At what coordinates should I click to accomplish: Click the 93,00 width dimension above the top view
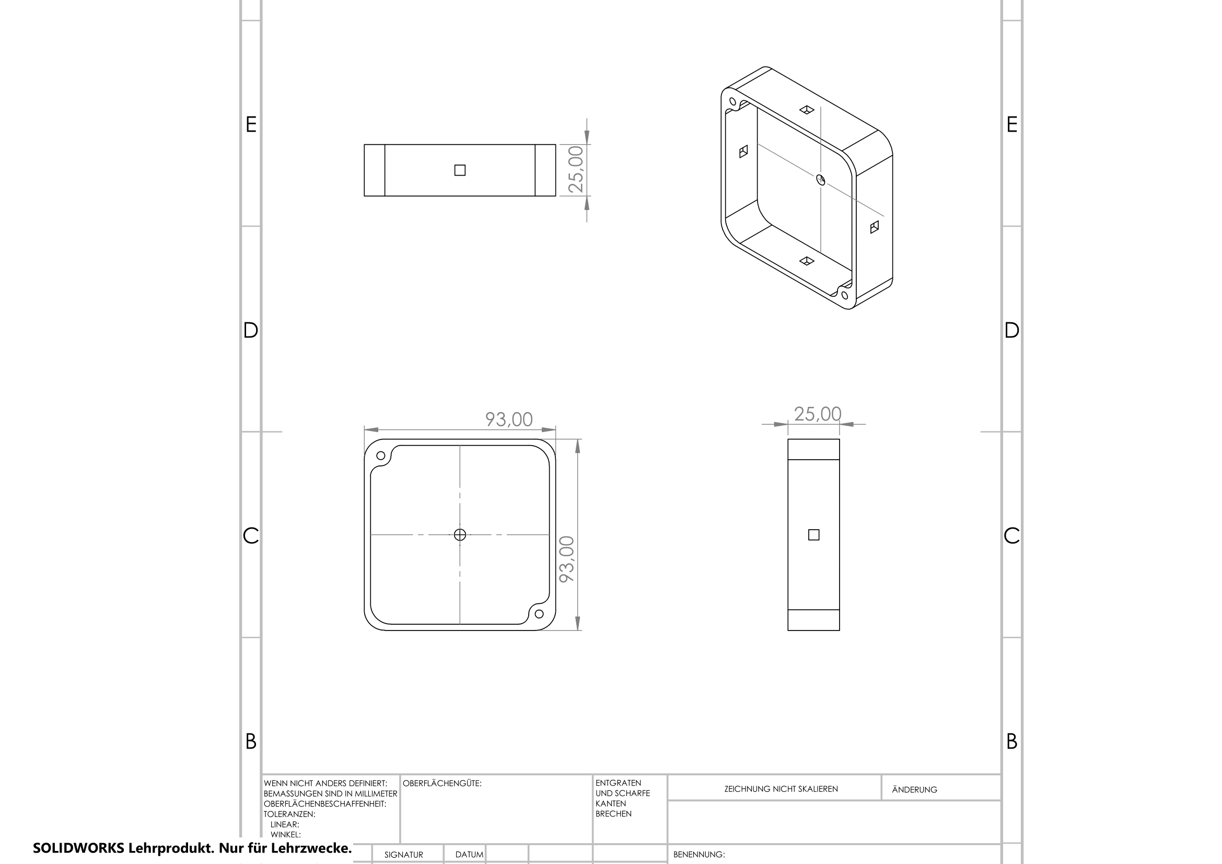509,420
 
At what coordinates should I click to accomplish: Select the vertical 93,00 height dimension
567,558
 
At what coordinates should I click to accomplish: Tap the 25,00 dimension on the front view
576,169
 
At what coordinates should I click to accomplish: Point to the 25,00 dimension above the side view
818,414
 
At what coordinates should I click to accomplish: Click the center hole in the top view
460,535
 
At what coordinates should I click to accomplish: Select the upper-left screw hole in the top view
380,456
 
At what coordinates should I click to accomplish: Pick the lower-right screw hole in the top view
539,614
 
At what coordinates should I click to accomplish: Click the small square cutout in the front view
460,170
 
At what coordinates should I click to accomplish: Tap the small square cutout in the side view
814,535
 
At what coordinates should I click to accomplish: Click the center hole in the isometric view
821,179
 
